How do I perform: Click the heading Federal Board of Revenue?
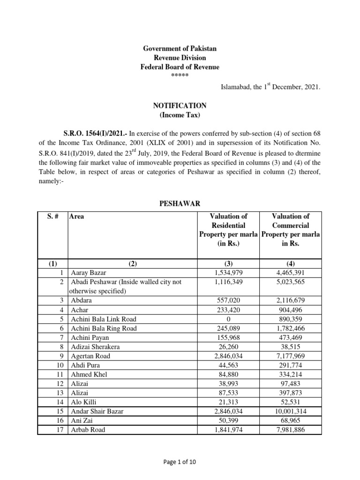point(180,67)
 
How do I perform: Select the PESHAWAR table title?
point(180,203)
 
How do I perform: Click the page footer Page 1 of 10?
point(180,462)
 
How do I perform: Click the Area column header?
point(77,217)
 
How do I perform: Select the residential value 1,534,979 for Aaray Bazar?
point(228,272)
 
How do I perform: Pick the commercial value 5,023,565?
point(291,282)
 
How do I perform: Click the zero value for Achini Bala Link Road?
point(228,319)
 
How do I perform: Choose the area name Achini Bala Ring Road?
point(104,329)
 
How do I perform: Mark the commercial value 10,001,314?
point(291,411)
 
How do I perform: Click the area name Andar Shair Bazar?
point(98,411)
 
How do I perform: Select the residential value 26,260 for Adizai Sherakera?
point(228,347)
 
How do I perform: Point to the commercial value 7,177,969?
point(291,356)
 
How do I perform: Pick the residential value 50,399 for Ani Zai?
point(228,420)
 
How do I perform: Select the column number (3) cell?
point(228,263)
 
